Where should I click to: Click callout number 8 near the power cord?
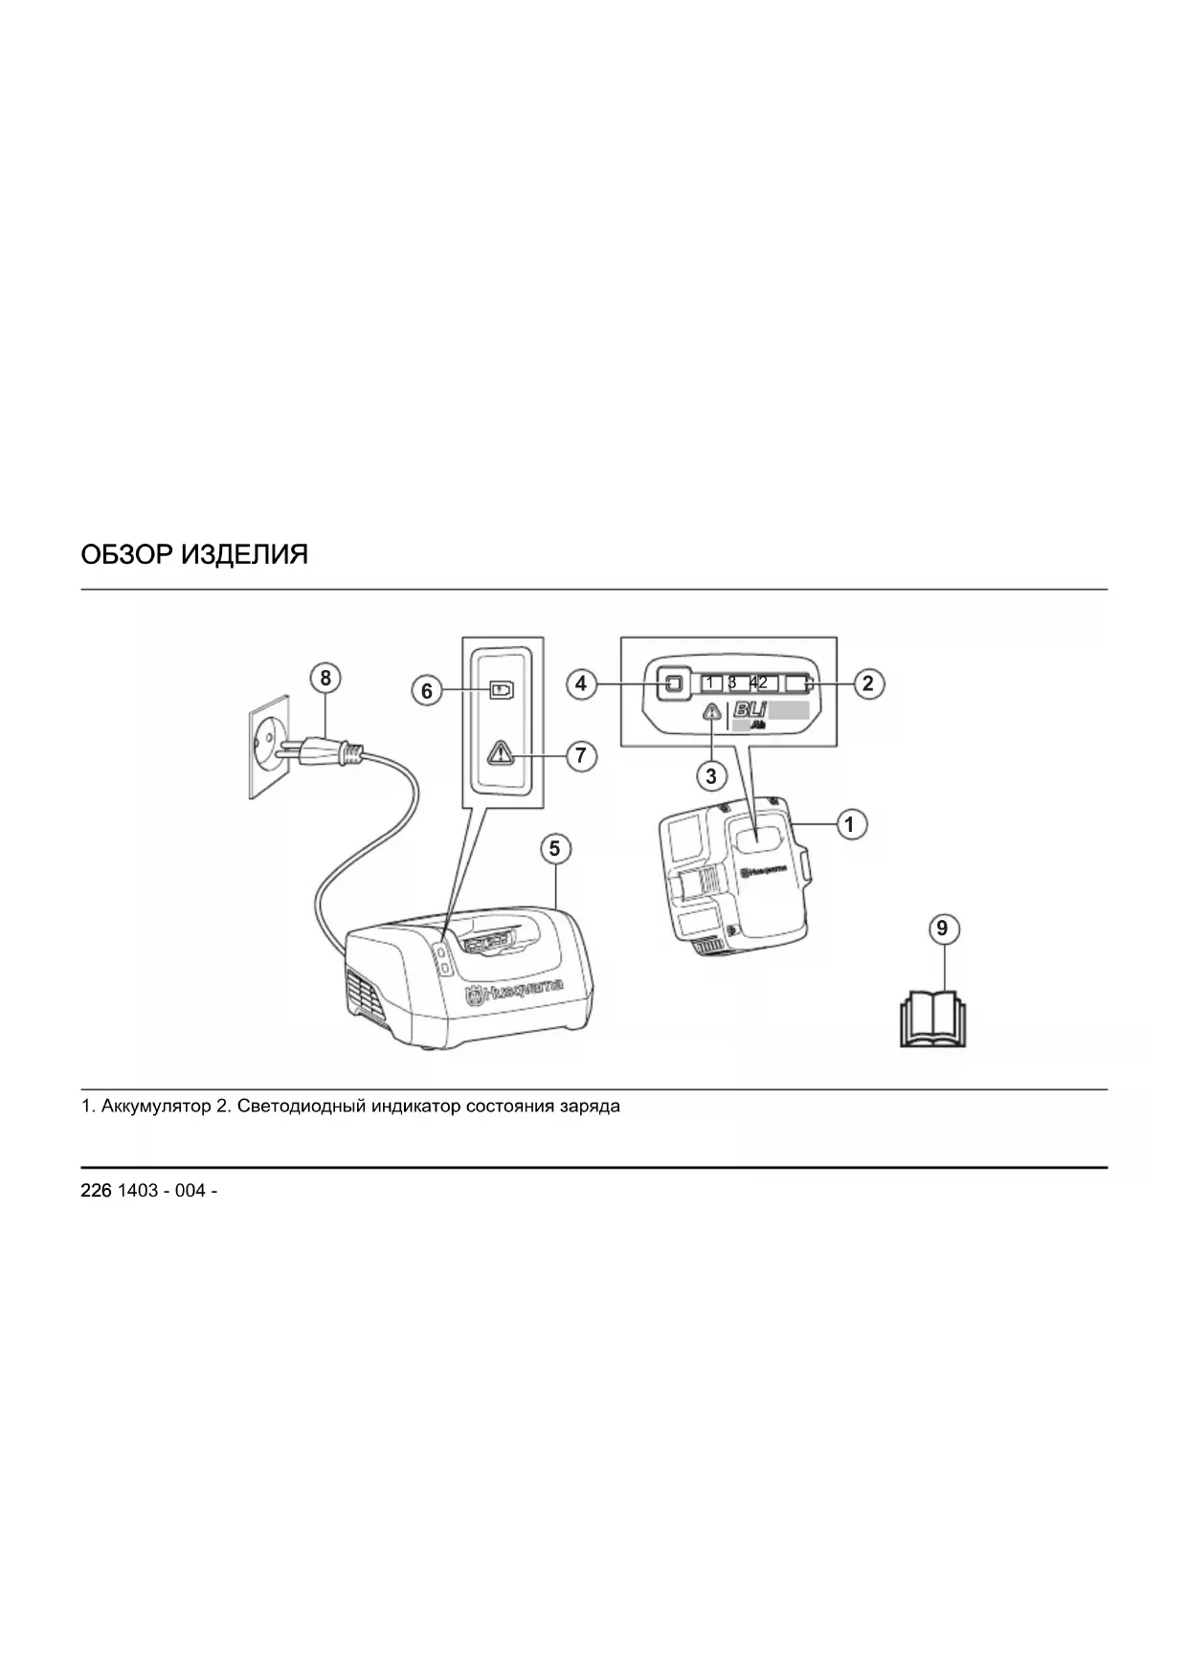coord(325,678)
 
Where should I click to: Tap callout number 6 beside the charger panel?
coord(428,690)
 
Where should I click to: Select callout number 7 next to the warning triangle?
coord(580,755)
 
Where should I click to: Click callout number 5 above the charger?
coord(554,848)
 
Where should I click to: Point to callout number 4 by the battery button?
coord(581,683)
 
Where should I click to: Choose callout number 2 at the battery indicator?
coord(868,683)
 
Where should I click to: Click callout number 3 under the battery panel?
coord(710,775)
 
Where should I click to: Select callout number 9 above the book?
coord(942,929)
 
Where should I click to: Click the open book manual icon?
coord(933,1020)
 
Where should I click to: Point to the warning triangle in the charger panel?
coord(500,753)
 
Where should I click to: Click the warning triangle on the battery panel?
coord(711,712)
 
